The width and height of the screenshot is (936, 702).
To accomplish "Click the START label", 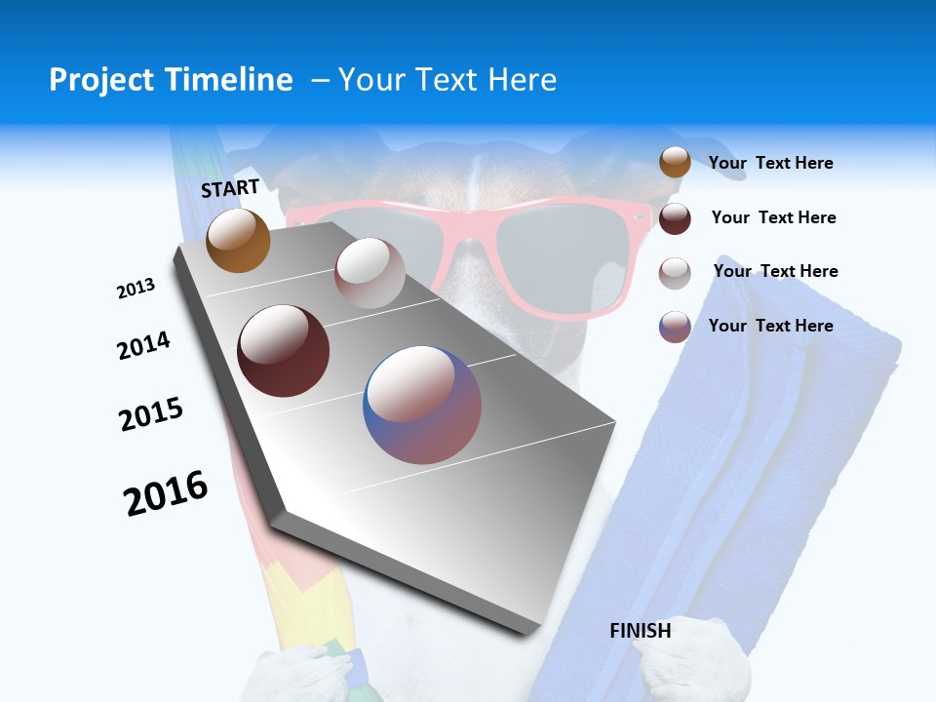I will [230, 188].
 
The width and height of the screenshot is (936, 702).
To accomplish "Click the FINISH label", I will [640, 631].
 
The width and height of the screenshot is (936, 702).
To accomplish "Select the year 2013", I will [136, 289].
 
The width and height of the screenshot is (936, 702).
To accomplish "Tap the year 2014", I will [143, 346].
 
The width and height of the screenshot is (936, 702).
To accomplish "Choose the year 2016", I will [166, 492].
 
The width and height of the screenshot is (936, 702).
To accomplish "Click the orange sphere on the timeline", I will [238, 240].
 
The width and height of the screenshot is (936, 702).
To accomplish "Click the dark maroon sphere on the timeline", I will [283, 351].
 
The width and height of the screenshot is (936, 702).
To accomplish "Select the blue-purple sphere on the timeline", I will [422, 404].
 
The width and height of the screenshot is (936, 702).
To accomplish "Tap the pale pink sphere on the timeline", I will [370, 273].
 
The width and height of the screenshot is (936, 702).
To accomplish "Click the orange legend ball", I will [675, 163].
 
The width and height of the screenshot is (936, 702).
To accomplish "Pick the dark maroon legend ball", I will [675, 218].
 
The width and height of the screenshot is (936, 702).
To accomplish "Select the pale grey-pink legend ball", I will [675, 272].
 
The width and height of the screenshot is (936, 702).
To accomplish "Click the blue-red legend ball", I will [675, 327].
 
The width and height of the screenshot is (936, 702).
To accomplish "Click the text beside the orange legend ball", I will [770, 163].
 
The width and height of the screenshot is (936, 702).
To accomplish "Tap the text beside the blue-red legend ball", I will [770, 326].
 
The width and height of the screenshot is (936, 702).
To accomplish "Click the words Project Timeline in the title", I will [171, 80].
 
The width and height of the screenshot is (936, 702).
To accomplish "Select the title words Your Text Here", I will [448, 80].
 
